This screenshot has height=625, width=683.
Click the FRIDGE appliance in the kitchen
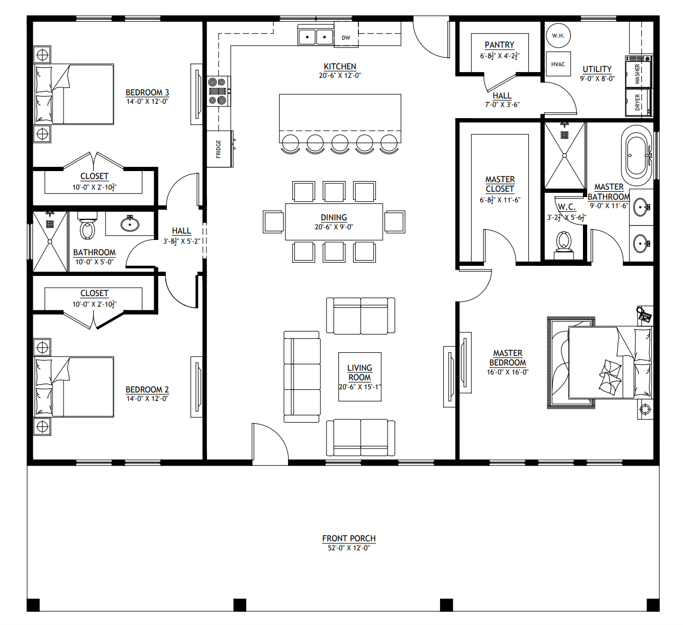pyautogui.click(x=219, y=149)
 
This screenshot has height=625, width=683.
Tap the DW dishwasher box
pyautogui.click(x=346, y=37)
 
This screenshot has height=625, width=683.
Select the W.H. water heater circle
pyautogui.click(x=558, y=35)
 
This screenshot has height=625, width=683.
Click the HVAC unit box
pyautogui.click(x=558, y=64)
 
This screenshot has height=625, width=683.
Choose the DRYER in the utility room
pyautogui.click(x=638, y=102)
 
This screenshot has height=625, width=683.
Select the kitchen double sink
pyautogui.click(x=316, y=37)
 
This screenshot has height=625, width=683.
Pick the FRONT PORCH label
pyautogui.click(x=349, y=538)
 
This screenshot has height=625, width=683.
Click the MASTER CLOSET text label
pyautogui.click(x=500, y=184)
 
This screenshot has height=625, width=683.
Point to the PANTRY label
pyautogui.click(x=499, y=45)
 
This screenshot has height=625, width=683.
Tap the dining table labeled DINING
pyautogui.click(x=334, y=221)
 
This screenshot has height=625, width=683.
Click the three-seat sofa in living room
pyautogui.click(x=302, y=377)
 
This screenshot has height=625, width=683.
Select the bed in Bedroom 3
pyautogui.click(x=75, y=94)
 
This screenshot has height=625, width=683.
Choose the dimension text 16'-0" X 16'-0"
pyautogui.click(x=507, y=372)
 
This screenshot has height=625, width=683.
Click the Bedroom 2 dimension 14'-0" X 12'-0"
pyautogui.click(x=147, y=398)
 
